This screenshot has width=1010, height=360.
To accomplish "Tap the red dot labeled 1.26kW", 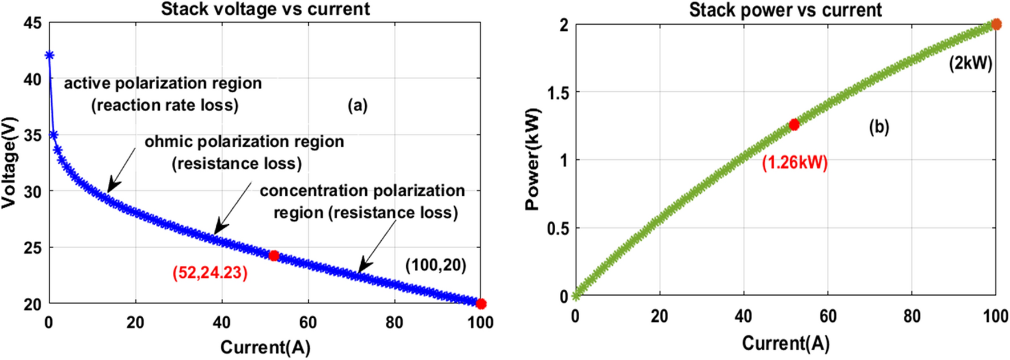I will click(794, 124).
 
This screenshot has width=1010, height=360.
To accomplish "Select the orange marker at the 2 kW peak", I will click(996, 24).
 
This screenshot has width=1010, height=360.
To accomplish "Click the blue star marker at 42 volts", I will click(49, 55).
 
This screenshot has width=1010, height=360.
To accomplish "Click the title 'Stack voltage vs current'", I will click(265, 9).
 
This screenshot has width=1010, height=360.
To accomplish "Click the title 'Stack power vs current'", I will click(785, 10).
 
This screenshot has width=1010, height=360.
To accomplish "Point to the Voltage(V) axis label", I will click(9, 163).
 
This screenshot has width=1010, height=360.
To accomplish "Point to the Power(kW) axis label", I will click(532, 159).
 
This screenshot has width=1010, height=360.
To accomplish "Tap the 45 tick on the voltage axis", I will click(33, 23).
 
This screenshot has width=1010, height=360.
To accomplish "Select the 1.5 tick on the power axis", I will click(557, 92).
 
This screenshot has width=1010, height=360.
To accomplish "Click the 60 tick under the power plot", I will click(827, 316).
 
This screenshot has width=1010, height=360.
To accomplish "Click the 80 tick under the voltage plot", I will click(394, 323).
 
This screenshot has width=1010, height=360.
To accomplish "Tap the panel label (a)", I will click(358, 105).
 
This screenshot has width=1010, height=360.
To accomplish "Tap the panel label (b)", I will click(879, 127).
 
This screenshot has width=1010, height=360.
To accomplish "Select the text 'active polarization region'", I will click(163, 83).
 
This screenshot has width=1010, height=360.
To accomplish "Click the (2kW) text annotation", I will click(971, 63).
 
